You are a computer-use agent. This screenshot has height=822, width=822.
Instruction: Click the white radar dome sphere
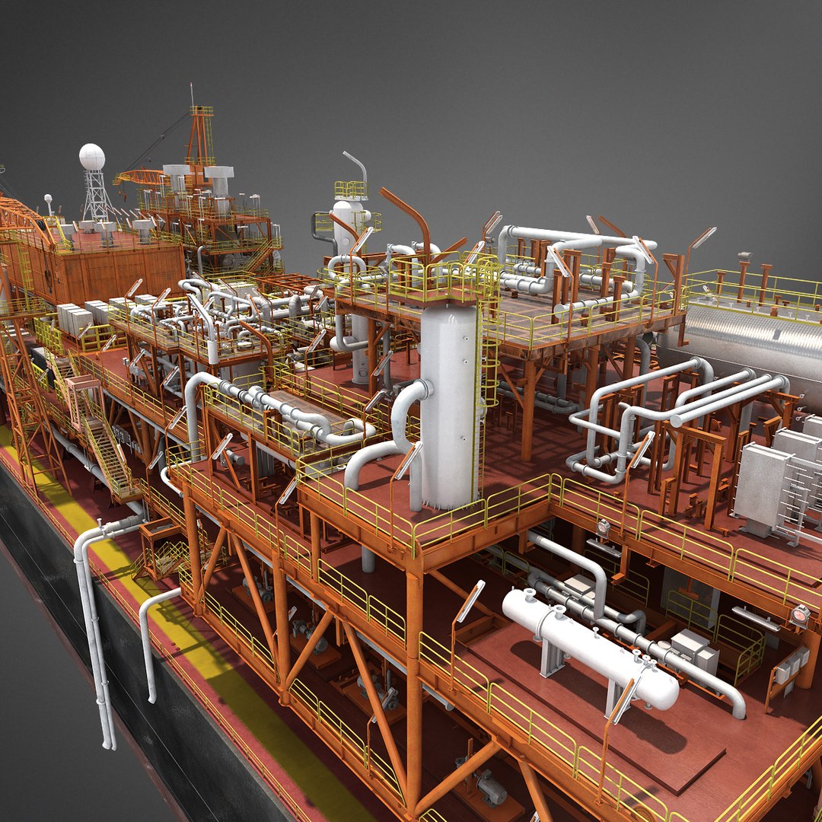tap(92, 157)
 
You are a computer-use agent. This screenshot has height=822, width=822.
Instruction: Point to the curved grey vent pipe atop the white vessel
tap(355, 164)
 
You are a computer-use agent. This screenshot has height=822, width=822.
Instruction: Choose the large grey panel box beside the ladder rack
tap(762, 487)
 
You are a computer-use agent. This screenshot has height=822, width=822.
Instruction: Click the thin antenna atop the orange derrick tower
tap(192, 95)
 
